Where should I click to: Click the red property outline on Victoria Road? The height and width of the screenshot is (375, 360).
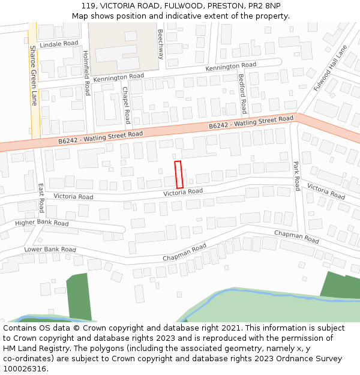[x=178, y=175]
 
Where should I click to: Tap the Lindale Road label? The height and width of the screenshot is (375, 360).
[x=59, y=44]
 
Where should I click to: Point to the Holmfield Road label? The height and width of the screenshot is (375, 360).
[x=86, y=73]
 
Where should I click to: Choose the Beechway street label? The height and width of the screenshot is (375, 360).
[x=160, y=44]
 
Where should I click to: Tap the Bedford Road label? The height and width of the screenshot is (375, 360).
[x=242, y=94]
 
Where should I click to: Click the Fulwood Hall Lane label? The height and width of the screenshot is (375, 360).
[x=331, y=68]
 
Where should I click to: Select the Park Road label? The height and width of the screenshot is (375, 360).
[x=296, y=176]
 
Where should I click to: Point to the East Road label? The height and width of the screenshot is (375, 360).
[x=41, y=198]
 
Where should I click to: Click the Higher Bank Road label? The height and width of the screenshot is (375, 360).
[x=42, y=223]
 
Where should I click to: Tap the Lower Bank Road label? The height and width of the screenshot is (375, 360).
[x=50, y=249]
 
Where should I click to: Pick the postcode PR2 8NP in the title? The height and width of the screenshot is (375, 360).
[x=264, y=6]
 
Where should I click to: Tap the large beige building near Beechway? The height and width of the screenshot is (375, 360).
[x=123, y=47]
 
